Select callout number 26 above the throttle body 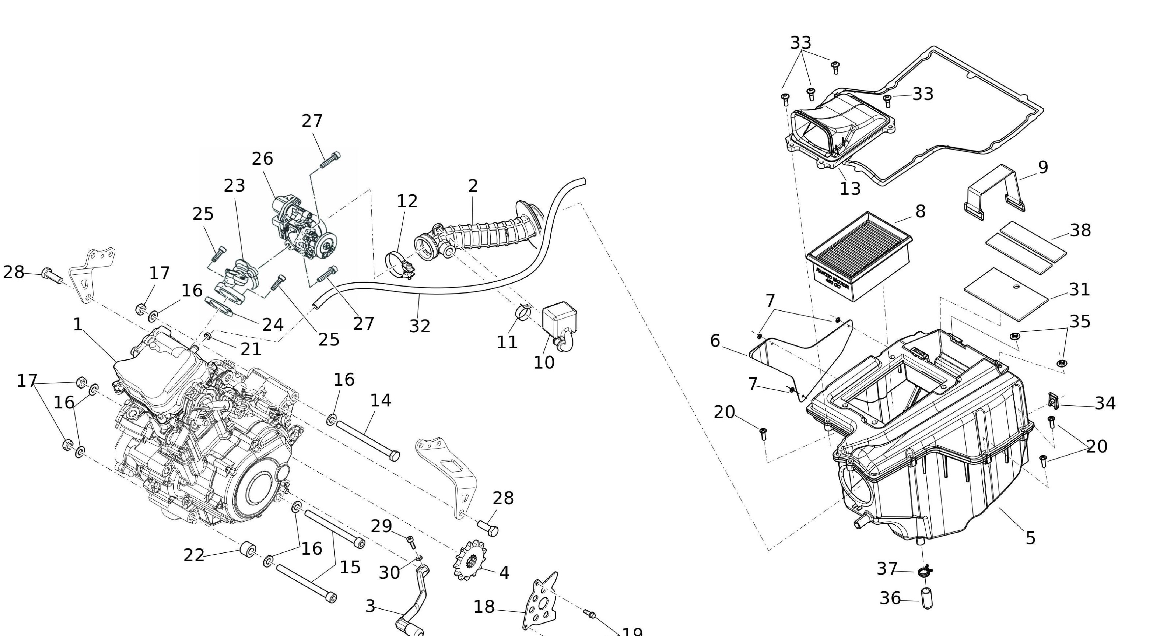(263, 159)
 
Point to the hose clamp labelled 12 (398, 265)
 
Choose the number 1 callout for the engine (78, 324)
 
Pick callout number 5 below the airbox (1030, 538)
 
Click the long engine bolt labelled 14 (367, 440)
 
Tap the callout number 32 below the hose (420, 326)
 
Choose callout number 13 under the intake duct (850, 189)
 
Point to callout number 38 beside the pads (1080, 230)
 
